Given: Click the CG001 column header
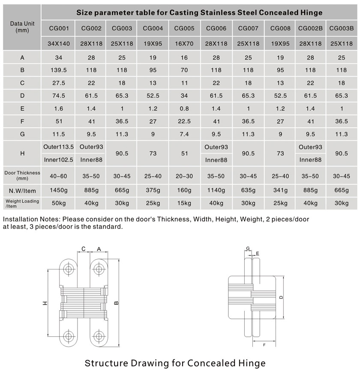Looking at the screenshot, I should tap(59, 29).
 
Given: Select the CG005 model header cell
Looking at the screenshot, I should tap(184, 29).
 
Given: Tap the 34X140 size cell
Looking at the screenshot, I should tap(59, 43).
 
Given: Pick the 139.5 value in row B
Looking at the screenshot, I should tap(59, 70).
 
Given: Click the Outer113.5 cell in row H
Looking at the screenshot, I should tap(59, 147).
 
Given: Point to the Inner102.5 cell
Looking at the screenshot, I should tap(59, 160).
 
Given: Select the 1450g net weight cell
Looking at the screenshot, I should tap(59, 190).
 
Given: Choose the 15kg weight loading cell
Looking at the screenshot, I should tap(184, 203).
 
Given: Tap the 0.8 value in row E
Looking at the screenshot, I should tap(184, 108).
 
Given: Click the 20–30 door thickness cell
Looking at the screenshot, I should tap(184, 176).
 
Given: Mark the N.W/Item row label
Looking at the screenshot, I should tap(22, 190).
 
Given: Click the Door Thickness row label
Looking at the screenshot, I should tap(22, 175).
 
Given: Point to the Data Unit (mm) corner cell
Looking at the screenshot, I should tap(22, 27).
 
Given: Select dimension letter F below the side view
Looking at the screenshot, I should tap(264, 344).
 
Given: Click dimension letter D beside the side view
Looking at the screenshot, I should tap(281, 297).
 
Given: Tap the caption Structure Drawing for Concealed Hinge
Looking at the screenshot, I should tap(175, 363).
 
